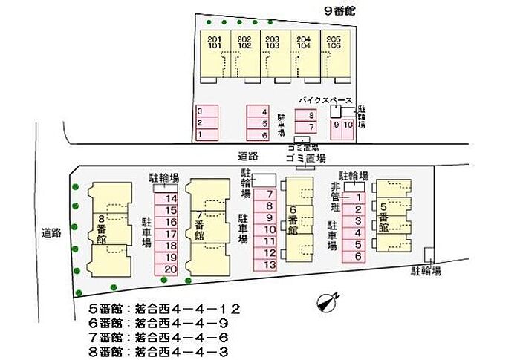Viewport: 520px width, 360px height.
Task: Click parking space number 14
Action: point(171,199)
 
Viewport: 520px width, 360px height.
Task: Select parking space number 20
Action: point(171,269)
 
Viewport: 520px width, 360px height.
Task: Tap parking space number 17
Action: point(171,234)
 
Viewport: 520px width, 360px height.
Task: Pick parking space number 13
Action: point(269,264)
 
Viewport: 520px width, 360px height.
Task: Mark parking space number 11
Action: point(269,241)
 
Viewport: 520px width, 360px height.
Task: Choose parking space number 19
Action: point(171,258)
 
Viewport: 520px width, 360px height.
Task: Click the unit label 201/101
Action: point(215,42)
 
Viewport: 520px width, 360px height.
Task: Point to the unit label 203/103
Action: point(273,42)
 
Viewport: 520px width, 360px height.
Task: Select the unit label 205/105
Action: point(334,42)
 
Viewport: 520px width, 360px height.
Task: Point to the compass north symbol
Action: point(326,300)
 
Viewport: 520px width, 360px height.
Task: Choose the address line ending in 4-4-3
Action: point(163,351)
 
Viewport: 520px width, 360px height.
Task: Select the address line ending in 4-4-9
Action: point(163,323)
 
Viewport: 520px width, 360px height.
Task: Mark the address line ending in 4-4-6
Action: point(163,337)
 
